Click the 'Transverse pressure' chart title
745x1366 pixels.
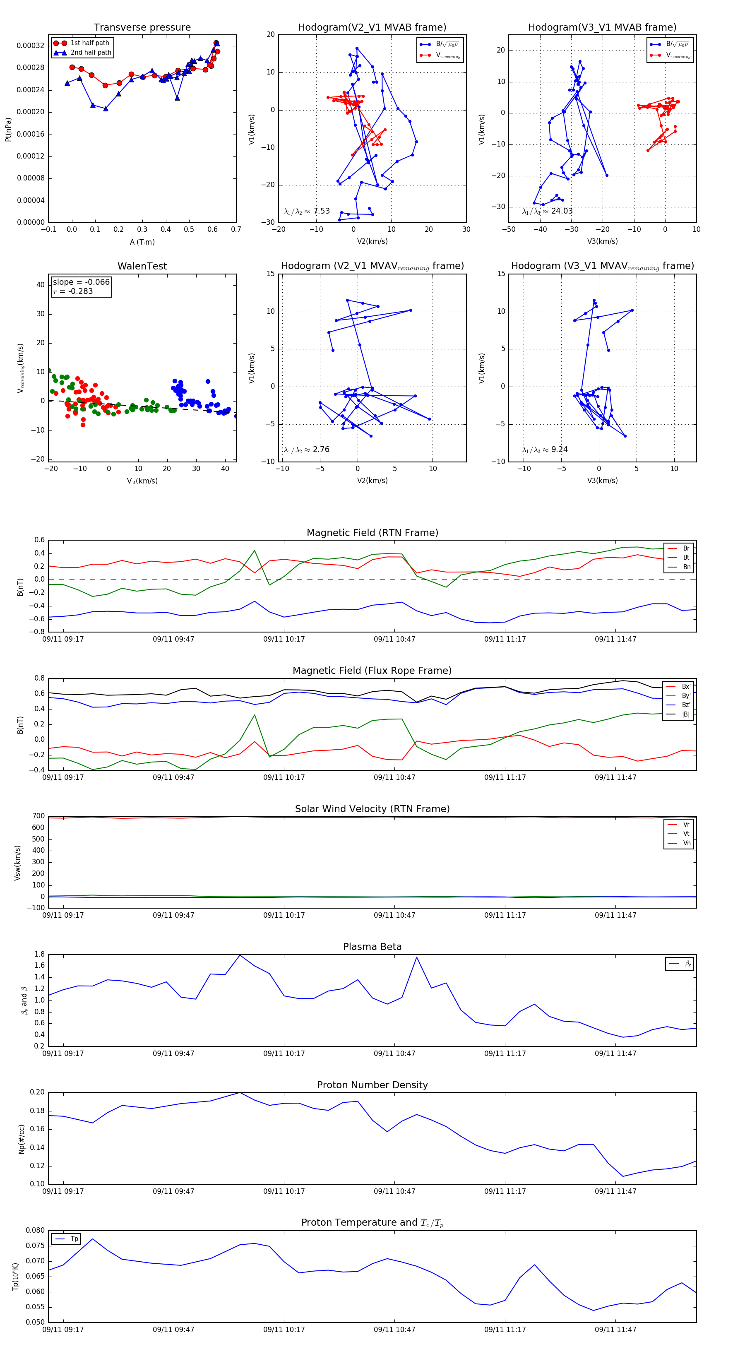pos(142,28)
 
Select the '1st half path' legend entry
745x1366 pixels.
pos(90,43)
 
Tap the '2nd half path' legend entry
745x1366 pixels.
pos(91,53)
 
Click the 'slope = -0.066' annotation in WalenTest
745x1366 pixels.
pos(81,282)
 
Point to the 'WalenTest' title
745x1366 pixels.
pos(142,266)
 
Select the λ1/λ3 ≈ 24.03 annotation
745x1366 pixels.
pos(547,211)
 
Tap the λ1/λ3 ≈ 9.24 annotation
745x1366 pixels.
pos(545,450)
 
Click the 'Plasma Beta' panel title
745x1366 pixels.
pos(372,947)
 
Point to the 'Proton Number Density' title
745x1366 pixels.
pos(372,1085)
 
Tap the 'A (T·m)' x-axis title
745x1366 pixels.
pos(142,242)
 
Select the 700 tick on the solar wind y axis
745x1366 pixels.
pos(38,816)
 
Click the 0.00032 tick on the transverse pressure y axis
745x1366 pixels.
pos(30,46)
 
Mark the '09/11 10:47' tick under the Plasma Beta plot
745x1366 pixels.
pos(394,1053)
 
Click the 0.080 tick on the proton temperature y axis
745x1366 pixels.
pos(36,1230)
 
